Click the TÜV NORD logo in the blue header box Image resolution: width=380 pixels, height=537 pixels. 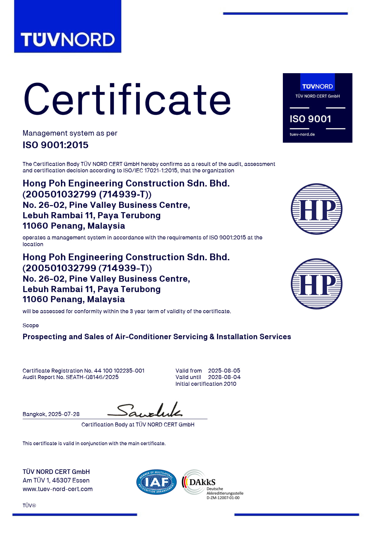tap(67, 40)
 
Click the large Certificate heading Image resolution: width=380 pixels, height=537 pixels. tap(127, 100)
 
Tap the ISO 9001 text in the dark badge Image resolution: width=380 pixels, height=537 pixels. tap(310, 119)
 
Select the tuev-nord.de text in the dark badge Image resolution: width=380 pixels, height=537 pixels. tap(302, 134)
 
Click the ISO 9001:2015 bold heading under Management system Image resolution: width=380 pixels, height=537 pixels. tap(55, 145)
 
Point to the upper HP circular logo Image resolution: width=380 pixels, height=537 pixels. tap(317, 209)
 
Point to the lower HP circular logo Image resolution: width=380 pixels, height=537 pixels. tap(317, 284)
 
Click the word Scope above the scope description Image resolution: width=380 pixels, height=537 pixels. tap(31, 325)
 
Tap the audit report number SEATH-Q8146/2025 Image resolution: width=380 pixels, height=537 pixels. tap(92, 377)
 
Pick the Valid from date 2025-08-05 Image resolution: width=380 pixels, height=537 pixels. tap(224, 371)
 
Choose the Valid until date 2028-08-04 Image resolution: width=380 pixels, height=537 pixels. tap(224, 377)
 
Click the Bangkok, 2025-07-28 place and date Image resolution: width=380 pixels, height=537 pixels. tap(51, 414)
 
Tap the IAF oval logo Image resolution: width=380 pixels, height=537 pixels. tap(156, 482)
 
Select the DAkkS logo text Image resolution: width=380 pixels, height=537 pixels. tap(202, 482)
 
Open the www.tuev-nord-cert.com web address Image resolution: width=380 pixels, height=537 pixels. tap(58, 489)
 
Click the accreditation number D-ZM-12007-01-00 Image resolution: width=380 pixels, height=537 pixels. tap(223, 498)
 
